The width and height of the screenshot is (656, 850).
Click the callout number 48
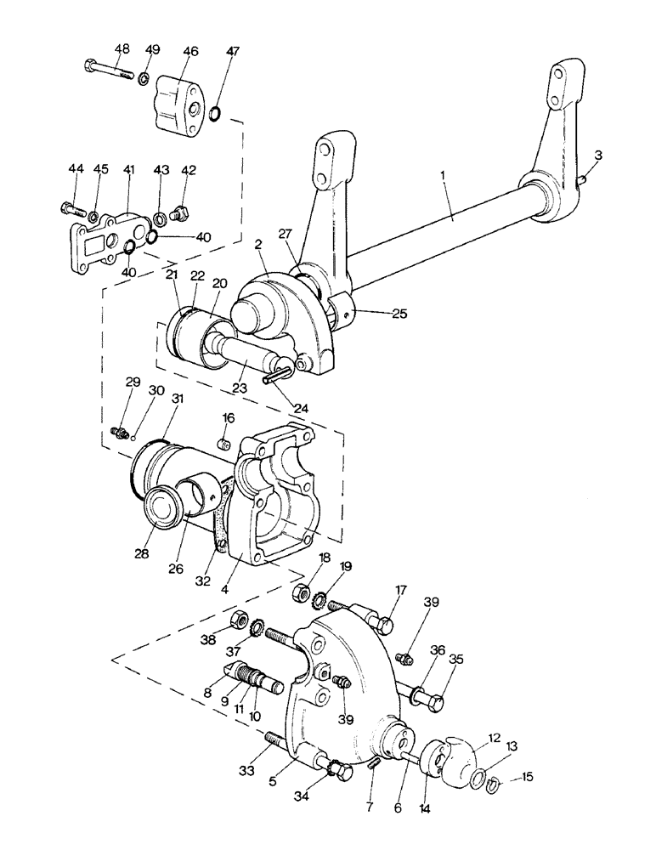[x=122, y=48]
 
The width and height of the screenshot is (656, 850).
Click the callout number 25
[x=400, y=313]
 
